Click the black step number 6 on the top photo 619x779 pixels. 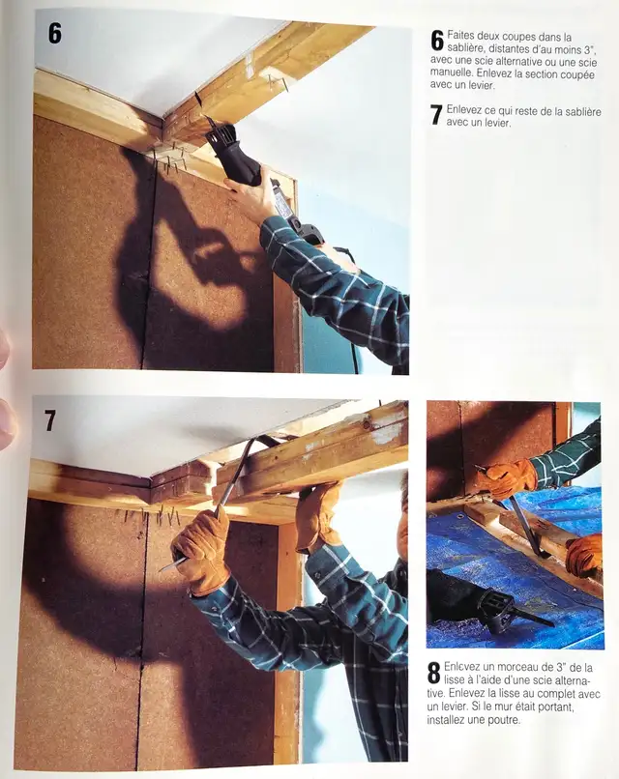click(54, 33)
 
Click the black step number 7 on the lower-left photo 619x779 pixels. click(50, 420)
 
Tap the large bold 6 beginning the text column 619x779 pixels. click(437, 40)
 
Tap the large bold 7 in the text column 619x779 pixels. click(436, 114)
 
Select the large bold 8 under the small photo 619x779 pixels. click(434, 674)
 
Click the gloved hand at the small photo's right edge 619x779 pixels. click(586, 555)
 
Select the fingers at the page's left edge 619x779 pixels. click(5, 387)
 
